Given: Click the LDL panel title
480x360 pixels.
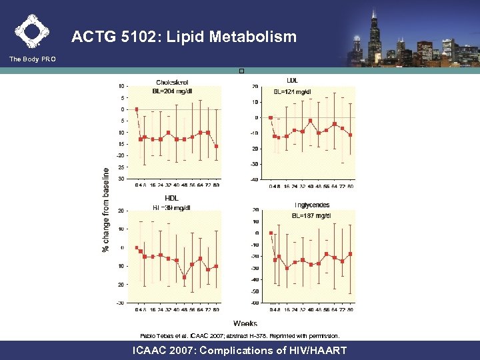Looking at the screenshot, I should tap(292, 81).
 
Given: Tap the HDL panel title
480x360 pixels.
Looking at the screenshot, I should tap(171, 198).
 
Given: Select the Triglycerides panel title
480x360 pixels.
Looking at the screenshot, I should tap(312, 205).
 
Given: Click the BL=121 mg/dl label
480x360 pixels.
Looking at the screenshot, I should tap(293, 91).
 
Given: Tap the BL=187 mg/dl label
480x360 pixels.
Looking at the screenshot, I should tap(312, 215).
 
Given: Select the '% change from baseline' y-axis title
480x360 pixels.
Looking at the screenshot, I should tap(105, 209).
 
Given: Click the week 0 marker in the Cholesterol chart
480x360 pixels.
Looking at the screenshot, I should tap(137, 109).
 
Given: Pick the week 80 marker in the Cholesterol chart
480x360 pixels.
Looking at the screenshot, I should tap(216, 146).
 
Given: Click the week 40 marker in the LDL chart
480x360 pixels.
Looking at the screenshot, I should tap(311, 121).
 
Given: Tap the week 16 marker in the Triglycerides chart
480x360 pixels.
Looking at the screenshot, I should tap(287, 268).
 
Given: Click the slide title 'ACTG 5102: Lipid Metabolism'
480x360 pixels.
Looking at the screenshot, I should tap(183, 37).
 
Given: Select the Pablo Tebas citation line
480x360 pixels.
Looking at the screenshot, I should tap(240, 335).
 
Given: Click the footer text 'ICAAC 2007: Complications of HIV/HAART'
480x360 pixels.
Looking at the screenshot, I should tap(240, 350).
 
